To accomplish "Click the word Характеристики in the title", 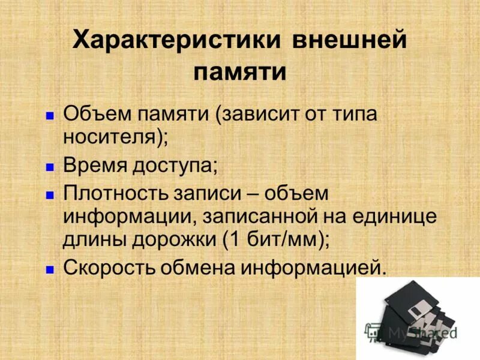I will (x=177, y=43).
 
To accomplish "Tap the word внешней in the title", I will (x=350, y=43).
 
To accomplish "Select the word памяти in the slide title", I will (x=239, y=73).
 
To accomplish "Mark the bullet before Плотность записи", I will (x=51, y=194).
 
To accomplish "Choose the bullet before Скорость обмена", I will (x=51, y=268).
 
